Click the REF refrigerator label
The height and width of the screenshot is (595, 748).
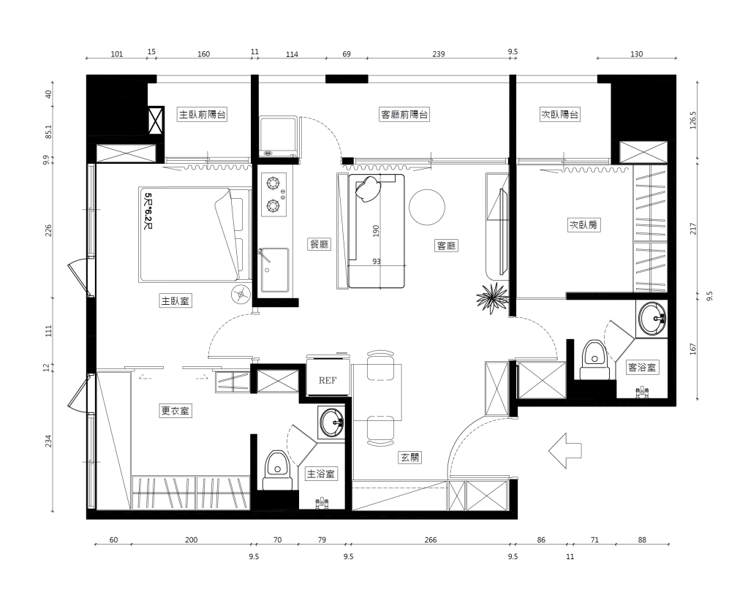(x=328, y=380)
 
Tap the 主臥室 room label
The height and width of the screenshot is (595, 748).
(x=175, y=301)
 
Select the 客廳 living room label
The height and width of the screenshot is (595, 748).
(x=447, y=246)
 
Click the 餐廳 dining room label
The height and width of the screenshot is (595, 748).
(x=319, y=244)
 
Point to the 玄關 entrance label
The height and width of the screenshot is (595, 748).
(x=409, y=458)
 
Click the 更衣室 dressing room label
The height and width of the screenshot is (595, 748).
(x=175, y=411)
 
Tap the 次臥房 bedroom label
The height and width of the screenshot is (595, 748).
(x=584, y=224)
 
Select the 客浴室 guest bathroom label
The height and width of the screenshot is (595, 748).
(x=642, y=367)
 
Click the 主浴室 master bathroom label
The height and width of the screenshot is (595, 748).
(x=320, y=474)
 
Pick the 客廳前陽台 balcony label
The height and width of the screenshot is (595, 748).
(x=404, y=115)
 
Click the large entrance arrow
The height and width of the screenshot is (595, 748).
(x=565, y=450)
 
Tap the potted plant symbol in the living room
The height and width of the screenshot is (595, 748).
(x=493, y=297)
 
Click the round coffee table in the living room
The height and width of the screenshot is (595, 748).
(x=427, y=208)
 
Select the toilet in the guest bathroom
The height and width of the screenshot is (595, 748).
(x=594, y=360)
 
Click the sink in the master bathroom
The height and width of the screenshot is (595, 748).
(x=332, y=422)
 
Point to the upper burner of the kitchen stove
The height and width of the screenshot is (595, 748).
(x=273, y=183)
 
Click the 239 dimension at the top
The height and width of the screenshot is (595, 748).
(x=439, y=54)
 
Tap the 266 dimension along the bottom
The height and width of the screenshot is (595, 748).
(x=430, y=539)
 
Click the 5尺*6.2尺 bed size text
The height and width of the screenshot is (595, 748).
(x=148, y=211)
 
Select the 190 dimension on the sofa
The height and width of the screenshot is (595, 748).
(x=376, y=231)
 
